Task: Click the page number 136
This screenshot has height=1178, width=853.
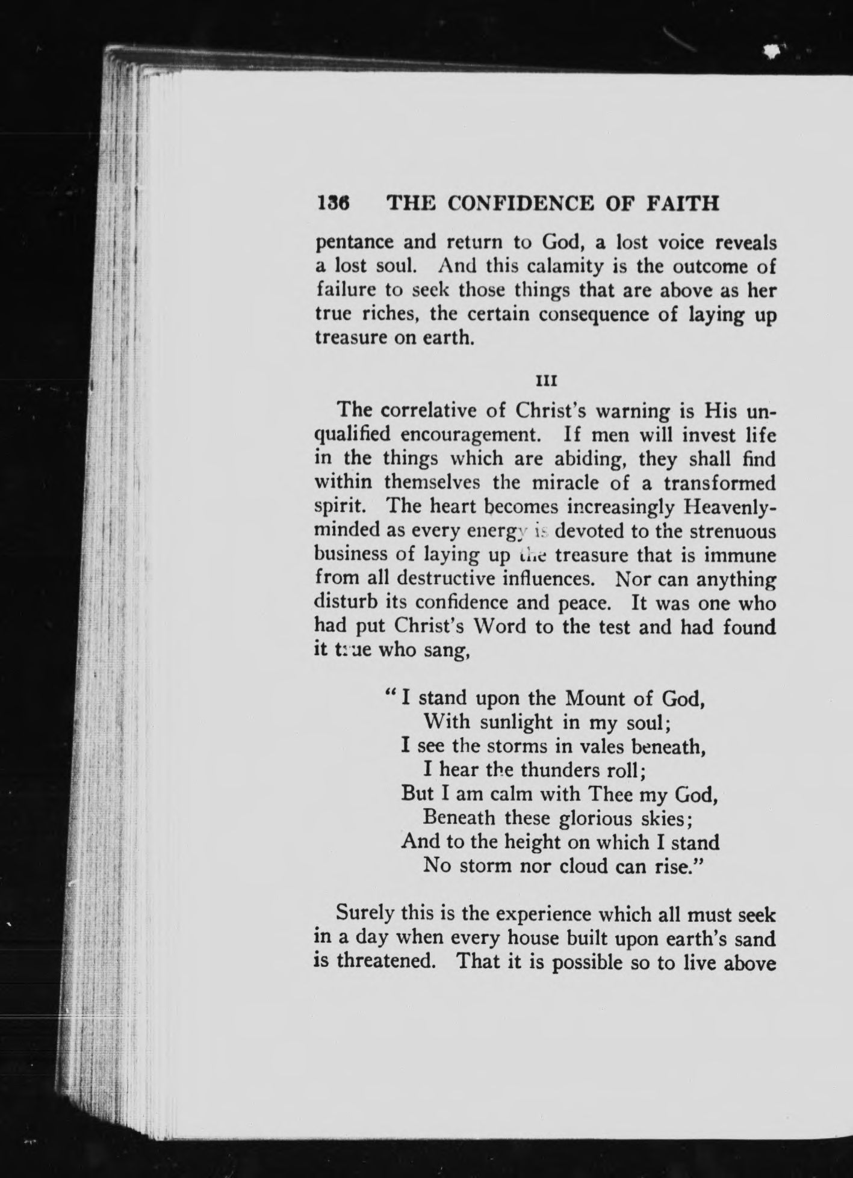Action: pyautogui.click(x=333, y=203)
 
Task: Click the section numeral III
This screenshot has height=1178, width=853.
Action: pyautogui.click(x=545, y=381)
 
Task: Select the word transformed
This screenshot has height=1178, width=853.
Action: pyautogui.click(x=719, y=483)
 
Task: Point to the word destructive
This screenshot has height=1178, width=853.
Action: pyautogui.click(x=461, y=579)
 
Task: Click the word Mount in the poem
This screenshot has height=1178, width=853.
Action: pyautogui.click(x=594, y=698)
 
